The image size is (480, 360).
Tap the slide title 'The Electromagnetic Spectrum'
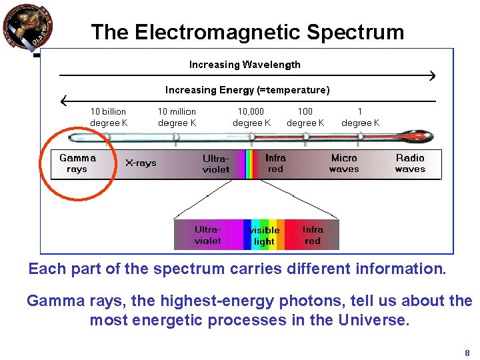pyautogui.click(x=247, y=32)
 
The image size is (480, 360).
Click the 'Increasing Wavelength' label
pyautogui.click(x=245, y=65)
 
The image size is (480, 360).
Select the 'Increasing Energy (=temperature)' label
pyautogui.click(x=247, y=90)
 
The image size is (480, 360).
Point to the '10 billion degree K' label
pyautogui.click(x=108, y=117)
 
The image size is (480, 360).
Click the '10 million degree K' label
pyautogui.click(x=177, y=117)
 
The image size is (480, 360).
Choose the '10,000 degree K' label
pyautogui.click(x=251, y=117)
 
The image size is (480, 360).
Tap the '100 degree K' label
pyautogui.click(x=305, y=117)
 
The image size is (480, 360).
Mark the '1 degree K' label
pyautogui.click(x=360, y=117)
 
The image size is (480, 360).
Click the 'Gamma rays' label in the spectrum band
pyautogui.click(x=77, y=163)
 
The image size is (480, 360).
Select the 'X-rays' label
pyautogui.click(x=141, y=163)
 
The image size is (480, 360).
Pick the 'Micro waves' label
pyautogui.click(x=344, y=163)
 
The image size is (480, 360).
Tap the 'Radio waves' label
pyautogui.click(x=410, y=163)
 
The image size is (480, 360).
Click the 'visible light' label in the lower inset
pyautogui.click(x=264, y=236)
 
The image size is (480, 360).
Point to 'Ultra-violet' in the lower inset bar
pyautogui.click(x=207, y=235)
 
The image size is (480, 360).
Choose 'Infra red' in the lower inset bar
pyautogui.click(x=313, y=235)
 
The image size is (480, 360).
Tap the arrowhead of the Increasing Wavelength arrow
pyautogui.click(x=432, y=77)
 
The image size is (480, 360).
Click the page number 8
pyautogui.click(x=467, y=353)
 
